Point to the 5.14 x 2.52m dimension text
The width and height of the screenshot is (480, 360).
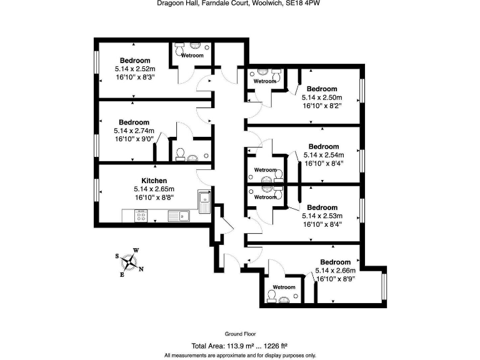pos(135,69)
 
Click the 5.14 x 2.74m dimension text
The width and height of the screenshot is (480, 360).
pos(134,131)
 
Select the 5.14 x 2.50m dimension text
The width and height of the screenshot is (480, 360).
pos(322,97)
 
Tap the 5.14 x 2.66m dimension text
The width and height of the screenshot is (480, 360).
pos(336,271)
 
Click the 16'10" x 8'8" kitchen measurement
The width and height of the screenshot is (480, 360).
pos(154,197)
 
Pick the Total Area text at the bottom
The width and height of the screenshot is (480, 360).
pos(239,346)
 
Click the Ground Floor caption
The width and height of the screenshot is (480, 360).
pos(240,334)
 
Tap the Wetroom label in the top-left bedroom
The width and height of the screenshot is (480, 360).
pos(192,56)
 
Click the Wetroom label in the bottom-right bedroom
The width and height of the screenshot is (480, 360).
pos(284,287)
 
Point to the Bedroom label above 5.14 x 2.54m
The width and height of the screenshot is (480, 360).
pos(324,147)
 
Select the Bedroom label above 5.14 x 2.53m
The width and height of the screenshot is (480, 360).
pos(322,207)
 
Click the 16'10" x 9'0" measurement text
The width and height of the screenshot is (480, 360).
pos(134,139)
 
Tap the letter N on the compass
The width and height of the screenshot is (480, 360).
pos(141,269)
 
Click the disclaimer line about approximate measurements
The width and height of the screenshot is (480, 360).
pos(240,355)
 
